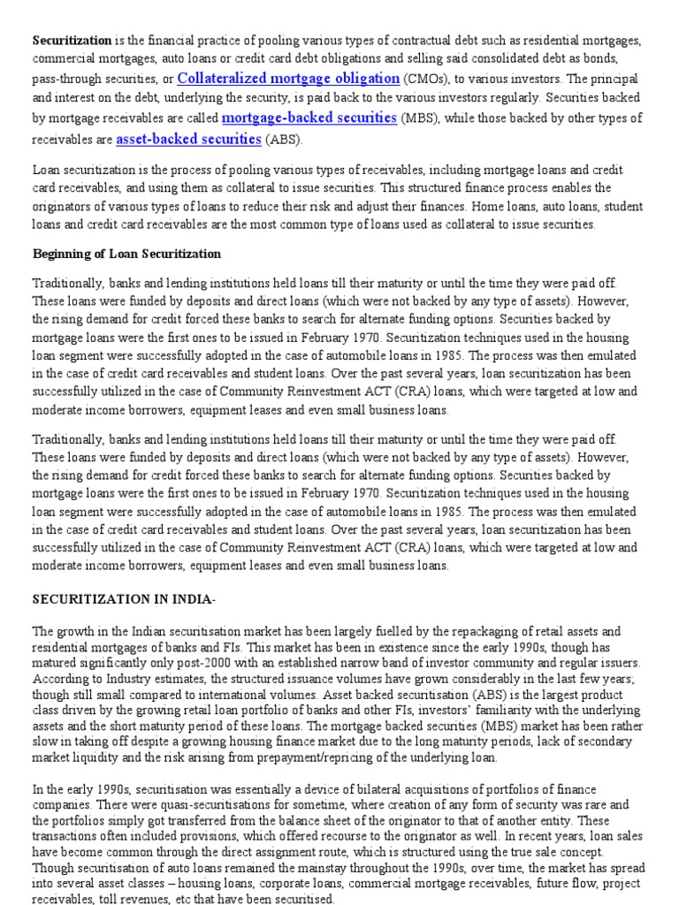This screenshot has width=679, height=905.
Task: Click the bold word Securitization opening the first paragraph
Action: tap(72, 41)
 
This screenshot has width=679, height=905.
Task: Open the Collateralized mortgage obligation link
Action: tap(288, 78)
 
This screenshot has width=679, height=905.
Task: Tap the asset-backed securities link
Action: tap(188, 139)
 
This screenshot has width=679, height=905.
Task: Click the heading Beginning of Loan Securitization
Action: tap(126, 254)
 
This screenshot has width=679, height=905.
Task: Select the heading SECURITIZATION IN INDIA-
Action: tap(124, 598)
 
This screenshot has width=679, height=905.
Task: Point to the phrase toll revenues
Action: tap(128, 899)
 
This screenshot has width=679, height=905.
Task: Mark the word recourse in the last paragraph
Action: tap(355, 836)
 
